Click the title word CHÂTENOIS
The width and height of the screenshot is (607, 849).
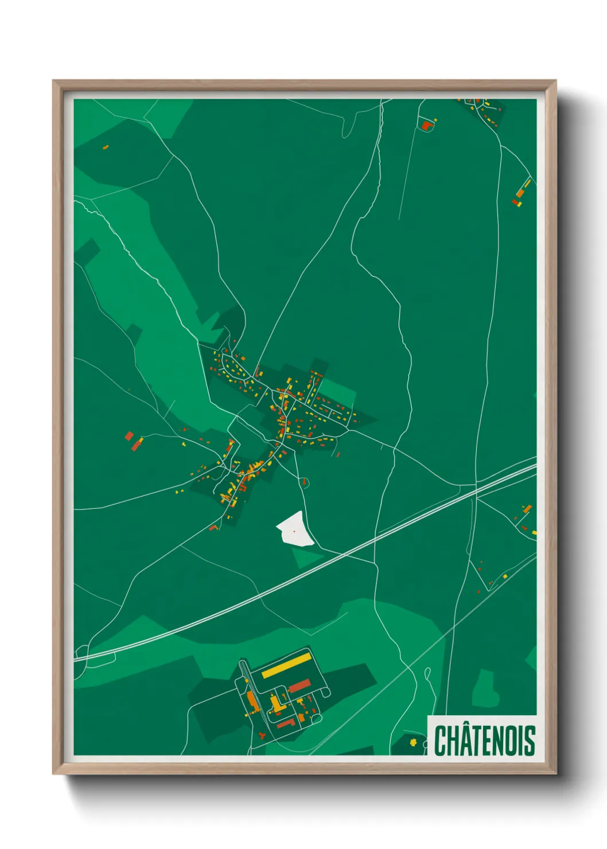pyautogui.click(x=484, y=740)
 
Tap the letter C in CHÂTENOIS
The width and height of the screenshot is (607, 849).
pyautogui.click(x=440, y=741)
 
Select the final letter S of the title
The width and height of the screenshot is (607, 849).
pyautogui.click(x=530, y=741)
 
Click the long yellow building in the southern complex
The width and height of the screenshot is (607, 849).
pyautogui.click(x=286, y=664)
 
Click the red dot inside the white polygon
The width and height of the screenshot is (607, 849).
pyautogui.click(x=294, y=531)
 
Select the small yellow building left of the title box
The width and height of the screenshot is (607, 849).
pyautogui.click(x=413, y=742)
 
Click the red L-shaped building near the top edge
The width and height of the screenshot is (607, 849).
pyautogui.click(x=426, y=125)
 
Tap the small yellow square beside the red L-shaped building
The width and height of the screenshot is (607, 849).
pyautogui.click(x=435, y=120)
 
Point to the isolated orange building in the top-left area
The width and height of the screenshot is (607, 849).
pyautogui.click(x=105, y=147)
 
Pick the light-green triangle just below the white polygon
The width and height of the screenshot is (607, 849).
pyautogui.click(x=306, y=556)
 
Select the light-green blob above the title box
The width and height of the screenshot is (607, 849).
pyautogui.click(x=485, y=688)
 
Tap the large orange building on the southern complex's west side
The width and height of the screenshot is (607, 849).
pyautogui.click(x=251, y=699)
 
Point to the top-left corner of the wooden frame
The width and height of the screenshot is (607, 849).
pyautogui.click(x=53, y=81)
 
